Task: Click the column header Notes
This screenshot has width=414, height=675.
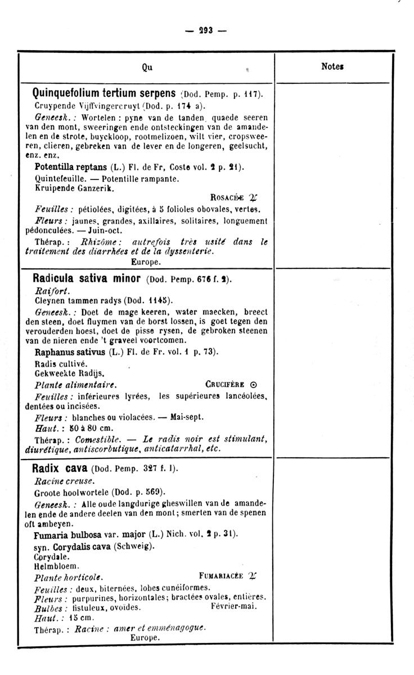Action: (x=332, y=66)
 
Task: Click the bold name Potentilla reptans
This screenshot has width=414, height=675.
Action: (x=70, y=167)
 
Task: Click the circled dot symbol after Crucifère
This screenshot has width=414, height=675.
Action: (x=253, y=385)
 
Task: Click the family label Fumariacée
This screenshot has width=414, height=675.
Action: (x=221, y=577)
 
